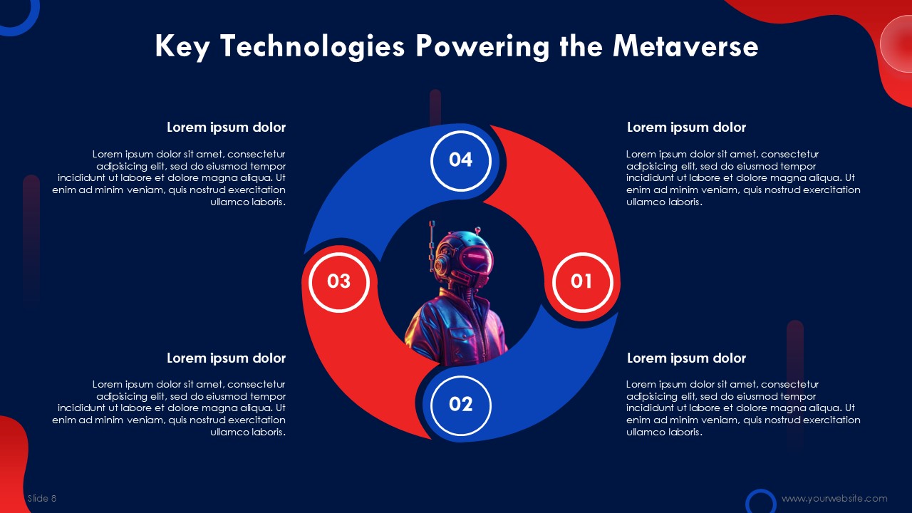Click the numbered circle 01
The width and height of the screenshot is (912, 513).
click(x=582, y=282)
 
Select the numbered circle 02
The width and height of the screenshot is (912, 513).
click(x=461, y=405)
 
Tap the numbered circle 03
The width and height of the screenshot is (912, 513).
click(x=338, y=282)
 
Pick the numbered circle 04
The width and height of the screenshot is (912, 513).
click(x=461, y=161)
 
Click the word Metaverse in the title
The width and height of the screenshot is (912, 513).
click(x=685, y=46)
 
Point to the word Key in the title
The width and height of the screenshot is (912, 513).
click(x=182, y=47)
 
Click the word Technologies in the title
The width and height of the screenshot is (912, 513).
click(x=313, y=47)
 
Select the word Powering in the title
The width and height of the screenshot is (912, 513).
click(x=482, y=47)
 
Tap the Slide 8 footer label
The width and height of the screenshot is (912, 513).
click(x=42, y=498)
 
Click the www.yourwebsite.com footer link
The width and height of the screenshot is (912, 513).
click(x=834, y=498)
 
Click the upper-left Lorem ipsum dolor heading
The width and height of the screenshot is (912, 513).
click(x=226, y=128)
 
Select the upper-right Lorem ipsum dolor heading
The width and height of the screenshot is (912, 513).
click(x=686, y=128)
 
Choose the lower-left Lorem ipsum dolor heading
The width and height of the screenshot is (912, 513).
click(x=226, y=358)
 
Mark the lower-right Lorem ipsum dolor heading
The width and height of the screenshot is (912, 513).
click(x=686, y=358)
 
